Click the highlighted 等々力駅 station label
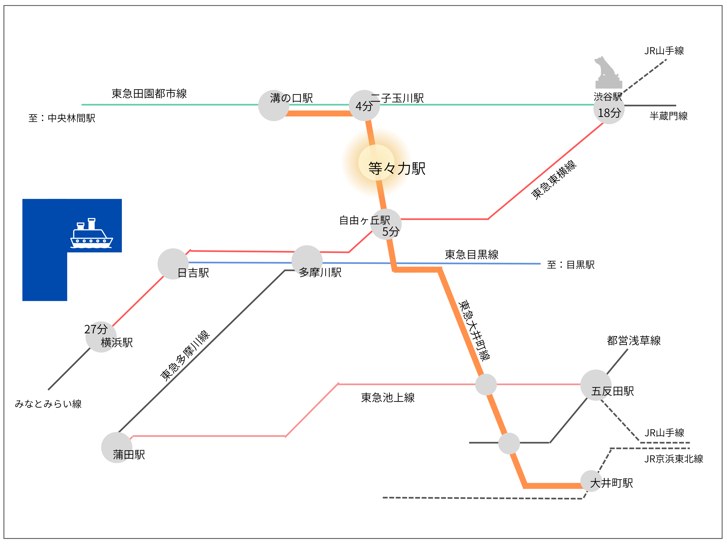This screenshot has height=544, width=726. pos(396,169)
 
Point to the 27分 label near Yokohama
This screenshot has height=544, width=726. pos(96,329)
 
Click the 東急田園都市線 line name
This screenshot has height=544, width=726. pos(149,94)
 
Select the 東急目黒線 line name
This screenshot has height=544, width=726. pos(471,254)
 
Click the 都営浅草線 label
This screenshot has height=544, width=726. pos(633,341)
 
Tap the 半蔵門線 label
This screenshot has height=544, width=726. pos(669,116)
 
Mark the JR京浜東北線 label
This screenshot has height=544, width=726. pos(673,459)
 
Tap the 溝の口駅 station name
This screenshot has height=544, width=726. pos(292,98)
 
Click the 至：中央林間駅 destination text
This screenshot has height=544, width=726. pos(62,118)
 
